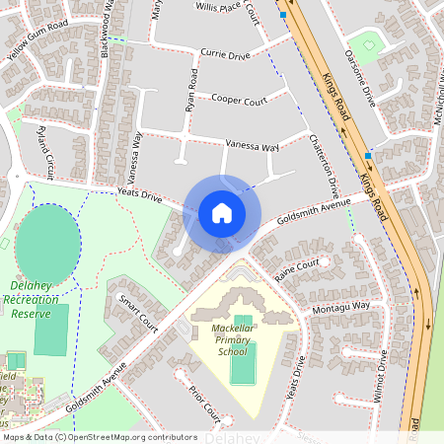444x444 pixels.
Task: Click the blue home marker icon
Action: (x=222, y=213)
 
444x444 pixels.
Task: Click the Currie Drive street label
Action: (x=226, y=55)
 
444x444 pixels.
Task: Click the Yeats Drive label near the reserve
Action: (x=139, y=196)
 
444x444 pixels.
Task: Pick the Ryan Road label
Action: (x=194, y=89)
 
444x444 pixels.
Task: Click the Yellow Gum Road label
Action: (x=37, y=39)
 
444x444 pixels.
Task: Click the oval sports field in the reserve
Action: (x=47, y=244)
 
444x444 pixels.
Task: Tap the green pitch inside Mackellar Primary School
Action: (x=242, y=363)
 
